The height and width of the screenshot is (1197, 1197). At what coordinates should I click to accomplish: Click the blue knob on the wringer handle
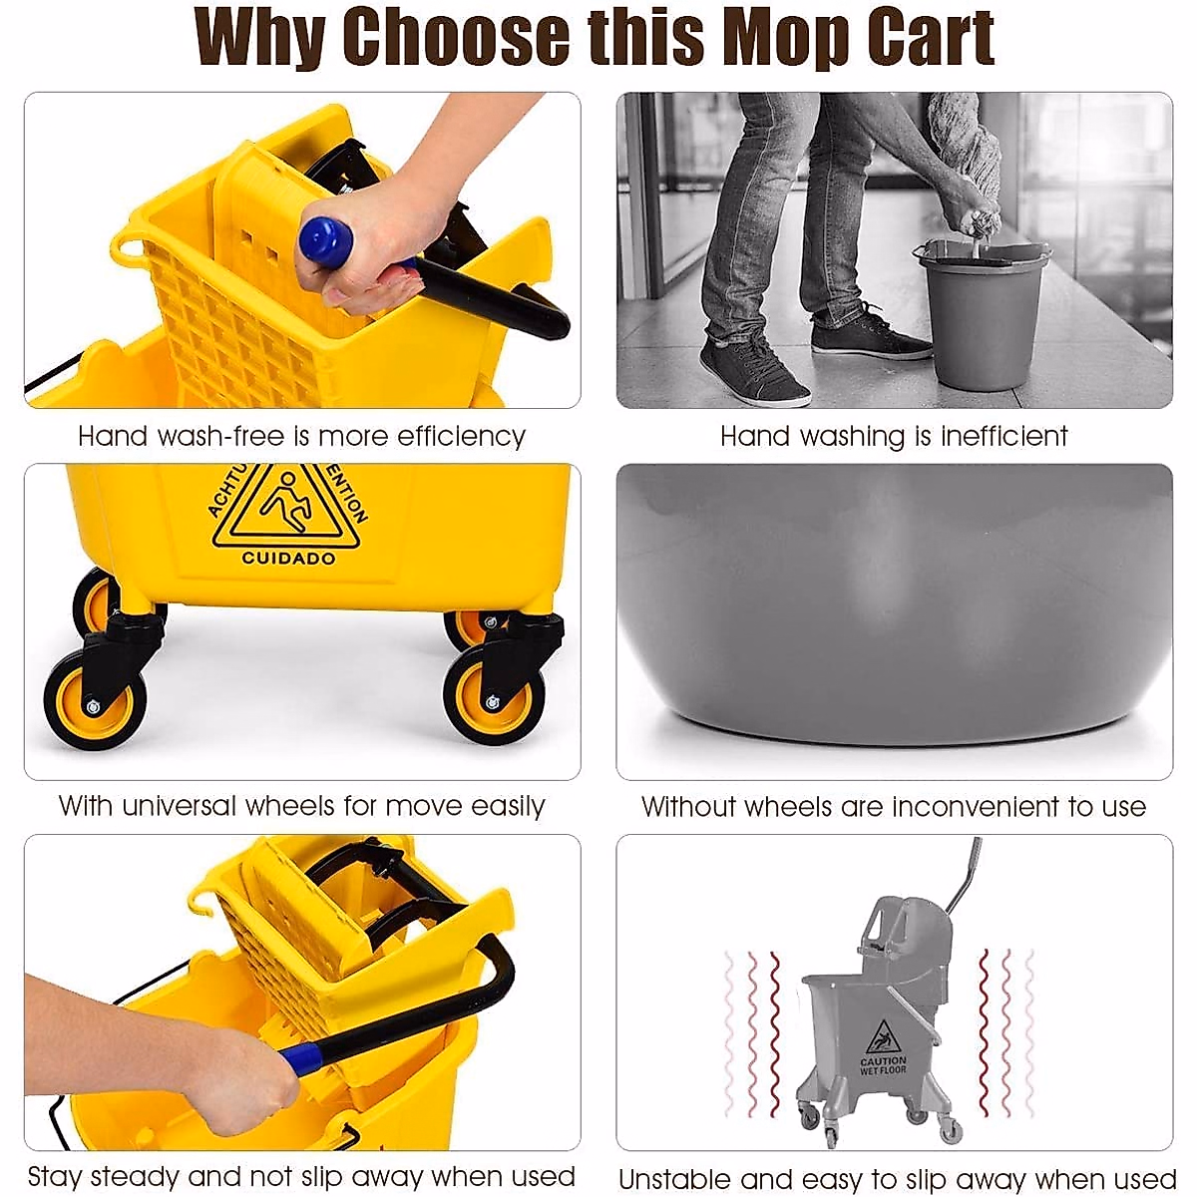(327, 242)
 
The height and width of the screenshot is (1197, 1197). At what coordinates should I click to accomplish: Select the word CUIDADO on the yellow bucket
(288, 559)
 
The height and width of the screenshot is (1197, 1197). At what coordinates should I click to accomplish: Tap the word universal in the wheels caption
(180, 806)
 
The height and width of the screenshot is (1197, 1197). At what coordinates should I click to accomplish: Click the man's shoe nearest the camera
(753, 372)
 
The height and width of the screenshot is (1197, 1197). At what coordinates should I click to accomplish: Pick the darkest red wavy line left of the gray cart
(775, 1032)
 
